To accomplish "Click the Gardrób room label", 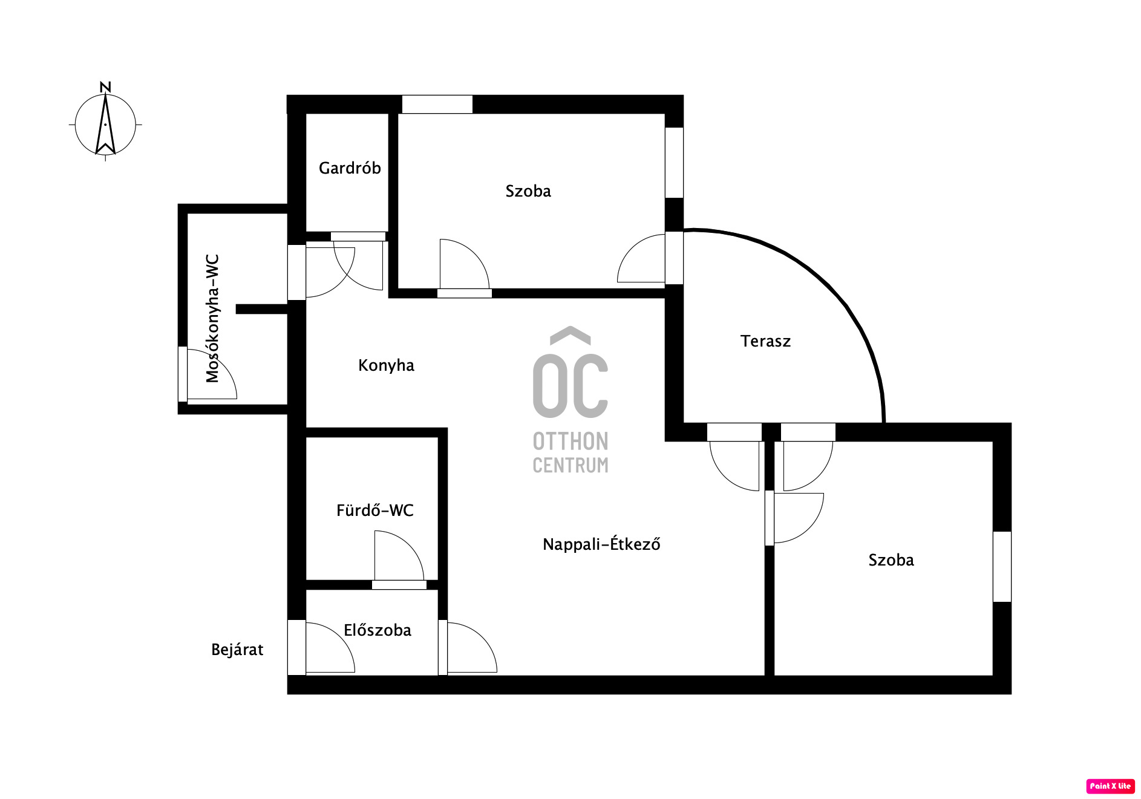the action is click(x=350, y=168).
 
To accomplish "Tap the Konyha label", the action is click(x=386, y=365).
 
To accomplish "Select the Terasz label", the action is click(x=765, y=341).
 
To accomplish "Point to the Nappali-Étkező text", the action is click(x=601, y=544).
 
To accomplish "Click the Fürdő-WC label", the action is click(x=375, y=510).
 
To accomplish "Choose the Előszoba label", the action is click(x=378, y=630).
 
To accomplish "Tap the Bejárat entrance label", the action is click(x=237, y=650).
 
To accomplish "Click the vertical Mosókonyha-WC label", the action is click(x=212, y=319).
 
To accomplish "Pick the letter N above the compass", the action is click(x=105, y=87).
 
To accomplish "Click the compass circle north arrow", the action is click(x=105, y=124).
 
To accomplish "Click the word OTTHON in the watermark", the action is click(x=570, y=442).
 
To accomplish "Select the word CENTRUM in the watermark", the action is click(x=570, y=465).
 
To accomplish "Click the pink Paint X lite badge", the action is click(x=1110, y=786).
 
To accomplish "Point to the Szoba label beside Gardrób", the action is click(x=528, y=191).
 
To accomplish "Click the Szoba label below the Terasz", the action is click(x=891, y=560).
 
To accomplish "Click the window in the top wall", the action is click(x=437, y=104).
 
